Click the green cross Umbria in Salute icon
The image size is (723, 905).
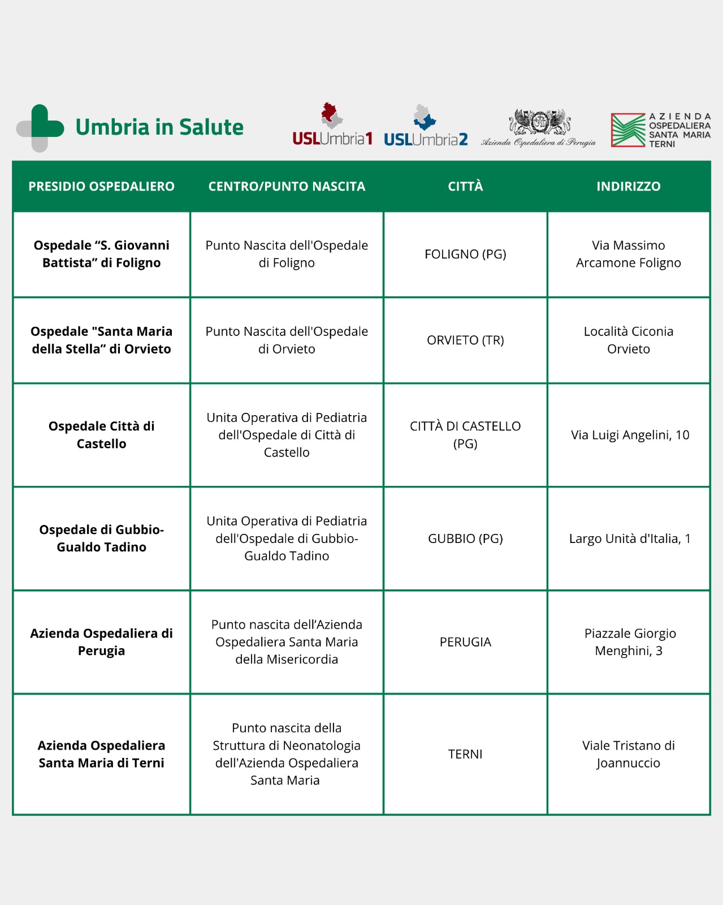tap(40, 128)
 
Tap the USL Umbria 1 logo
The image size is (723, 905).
tap(332, 126)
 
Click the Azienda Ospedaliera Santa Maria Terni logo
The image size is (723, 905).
tap(660, 130)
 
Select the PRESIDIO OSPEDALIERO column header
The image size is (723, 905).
tap(102, 187)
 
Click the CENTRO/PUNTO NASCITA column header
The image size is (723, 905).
tap(287, 187)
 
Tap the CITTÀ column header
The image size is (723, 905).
tap(465, 187)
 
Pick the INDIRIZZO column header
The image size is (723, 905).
tap(628, 187)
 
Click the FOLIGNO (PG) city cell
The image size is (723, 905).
tap(465, 255)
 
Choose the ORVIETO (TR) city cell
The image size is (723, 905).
tap(465, 341)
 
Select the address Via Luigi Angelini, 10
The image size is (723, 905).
tap(630, 435)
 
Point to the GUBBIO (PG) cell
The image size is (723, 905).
tap(465, 538)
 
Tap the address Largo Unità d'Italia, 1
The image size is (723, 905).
tap(630, 538)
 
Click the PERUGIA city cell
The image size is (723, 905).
tap(465, 642)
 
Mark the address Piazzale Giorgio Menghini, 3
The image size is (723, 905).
tap(629, 642)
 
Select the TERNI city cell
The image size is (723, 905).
tap(465, 754)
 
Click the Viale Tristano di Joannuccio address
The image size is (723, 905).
tap(629, 754)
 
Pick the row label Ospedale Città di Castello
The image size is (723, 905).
tap(102, 435)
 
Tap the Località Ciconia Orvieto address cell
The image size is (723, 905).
tap(629, 341)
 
